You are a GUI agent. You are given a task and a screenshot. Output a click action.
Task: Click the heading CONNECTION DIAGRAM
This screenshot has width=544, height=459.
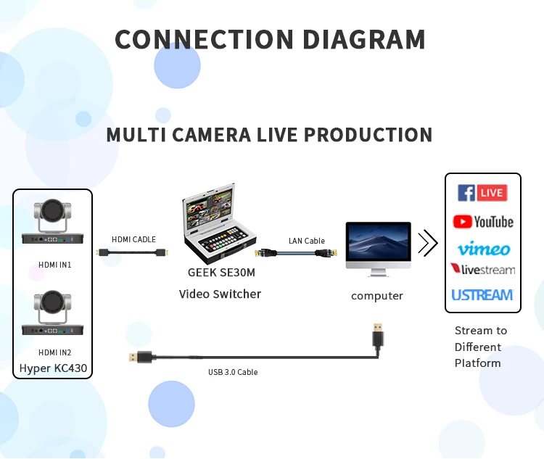point(270,39)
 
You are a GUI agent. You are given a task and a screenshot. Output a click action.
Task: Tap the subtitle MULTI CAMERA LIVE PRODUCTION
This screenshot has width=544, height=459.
point(269,135)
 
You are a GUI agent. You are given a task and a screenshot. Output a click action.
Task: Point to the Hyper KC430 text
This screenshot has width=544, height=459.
point(53,368)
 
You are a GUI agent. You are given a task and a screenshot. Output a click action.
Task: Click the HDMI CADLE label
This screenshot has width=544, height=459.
point(133,239)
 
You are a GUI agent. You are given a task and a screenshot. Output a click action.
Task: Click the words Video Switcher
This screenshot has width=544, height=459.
point(220,294)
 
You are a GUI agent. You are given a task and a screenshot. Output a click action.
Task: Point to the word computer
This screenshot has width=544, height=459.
point(377,296)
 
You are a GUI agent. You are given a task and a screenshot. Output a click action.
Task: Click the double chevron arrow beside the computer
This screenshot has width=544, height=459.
point(428,244)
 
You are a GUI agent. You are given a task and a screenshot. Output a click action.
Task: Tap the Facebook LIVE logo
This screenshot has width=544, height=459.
point(482,193)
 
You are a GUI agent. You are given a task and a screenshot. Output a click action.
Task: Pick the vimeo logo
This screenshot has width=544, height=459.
point(483,249)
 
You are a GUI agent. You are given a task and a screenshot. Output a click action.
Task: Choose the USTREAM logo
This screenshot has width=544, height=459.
point(482,295)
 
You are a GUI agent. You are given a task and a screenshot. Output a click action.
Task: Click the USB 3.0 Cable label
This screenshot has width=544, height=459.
point(233,372)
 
